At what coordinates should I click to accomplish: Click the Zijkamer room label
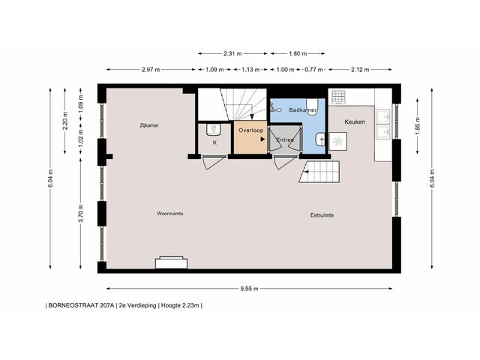[x=149, y=125]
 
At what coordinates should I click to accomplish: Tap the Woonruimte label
[x=170, y=213]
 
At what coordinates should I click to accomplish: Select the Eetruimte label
[x=322, y=215]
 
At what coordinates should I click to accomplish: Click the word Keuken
[x=355, y=121]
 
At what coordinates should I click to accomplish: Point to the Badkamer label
[x=303, y=110]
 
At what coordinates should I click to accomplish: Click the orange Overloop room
[x=250, y=137]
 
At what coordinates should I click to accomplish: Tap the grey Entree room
[x=285, y=139]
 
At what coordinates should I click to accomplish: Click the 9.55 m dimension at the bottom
[x=249, y=288]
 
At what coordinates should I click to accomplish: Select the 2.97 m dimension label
[x=151, y=70]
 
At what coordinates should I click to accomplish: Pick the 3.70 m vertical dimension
[x=80, y=213]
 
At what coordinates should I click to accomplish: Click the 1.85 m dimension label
[x=418, y=126]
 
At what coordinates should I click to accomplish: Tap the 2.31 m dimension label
[x=232, y=53]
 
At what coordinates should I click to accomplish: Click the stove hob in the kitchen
[x=338, y=97]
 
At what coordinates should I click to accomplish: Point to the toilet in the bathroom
[x=312, y=106]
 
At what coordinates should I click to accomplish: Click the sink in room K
[x=214, y=129]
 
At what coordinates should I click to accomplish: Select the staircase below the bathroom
[x=319, y=172]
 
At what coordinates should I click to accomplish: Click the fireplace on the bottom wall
[x=172, y=263]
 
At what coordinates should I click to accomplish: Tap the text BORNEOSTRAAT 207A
[x=81, y=305]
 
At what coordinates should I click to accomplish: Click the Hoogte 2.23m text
[x=180, y=305]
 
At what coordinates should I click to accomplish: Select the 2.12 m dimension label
[x=360, y=70]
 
